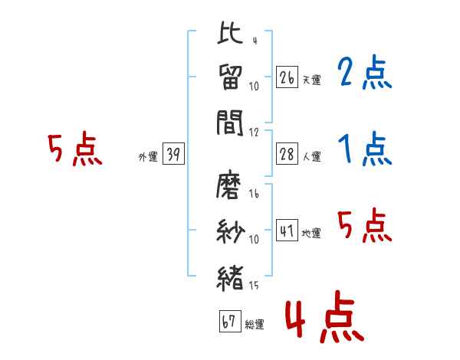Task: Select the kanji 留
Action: [x=230, y=77]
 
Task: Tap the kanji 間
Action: [x=230, y=121]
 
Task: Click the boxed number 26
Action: [x=286, y=77]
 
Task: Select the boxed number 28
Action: [x=286, y=154]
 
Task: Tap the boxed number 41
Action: [x=286, y=231]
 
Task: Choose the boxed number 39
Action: [x=172, y=154]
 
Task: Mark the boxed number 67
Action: [x=228, y=322]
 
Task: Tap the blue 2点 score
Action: [x=363, y=74]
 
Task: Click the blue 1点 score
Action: [x=363, y=149]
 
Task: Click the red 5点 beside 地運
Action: [x=363, y=225]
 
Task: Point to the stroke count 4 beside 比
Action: [x=254, y=41]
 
